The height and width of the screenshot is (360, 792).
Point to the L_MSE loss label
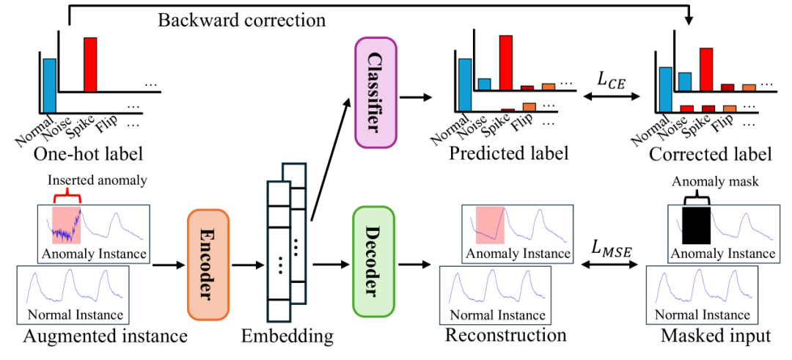pyautogui.click(x=612, y=249)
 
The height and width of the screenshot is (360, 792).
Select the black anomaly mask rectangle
pyautogui.click(x=696, y=225)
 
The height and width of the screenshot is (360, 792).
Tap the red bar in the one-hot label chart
pyautogui.click(x=90, y=65)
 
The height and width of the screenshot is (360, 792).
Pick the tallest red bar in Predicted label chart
pyautogui.click(x=505, y=62)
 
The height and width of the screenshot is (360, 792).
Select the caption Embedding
pyautogui.click(x=287, y=337)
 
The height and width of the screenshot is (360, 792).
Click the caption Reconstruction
pyautogui.click(x=506, y=335)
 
